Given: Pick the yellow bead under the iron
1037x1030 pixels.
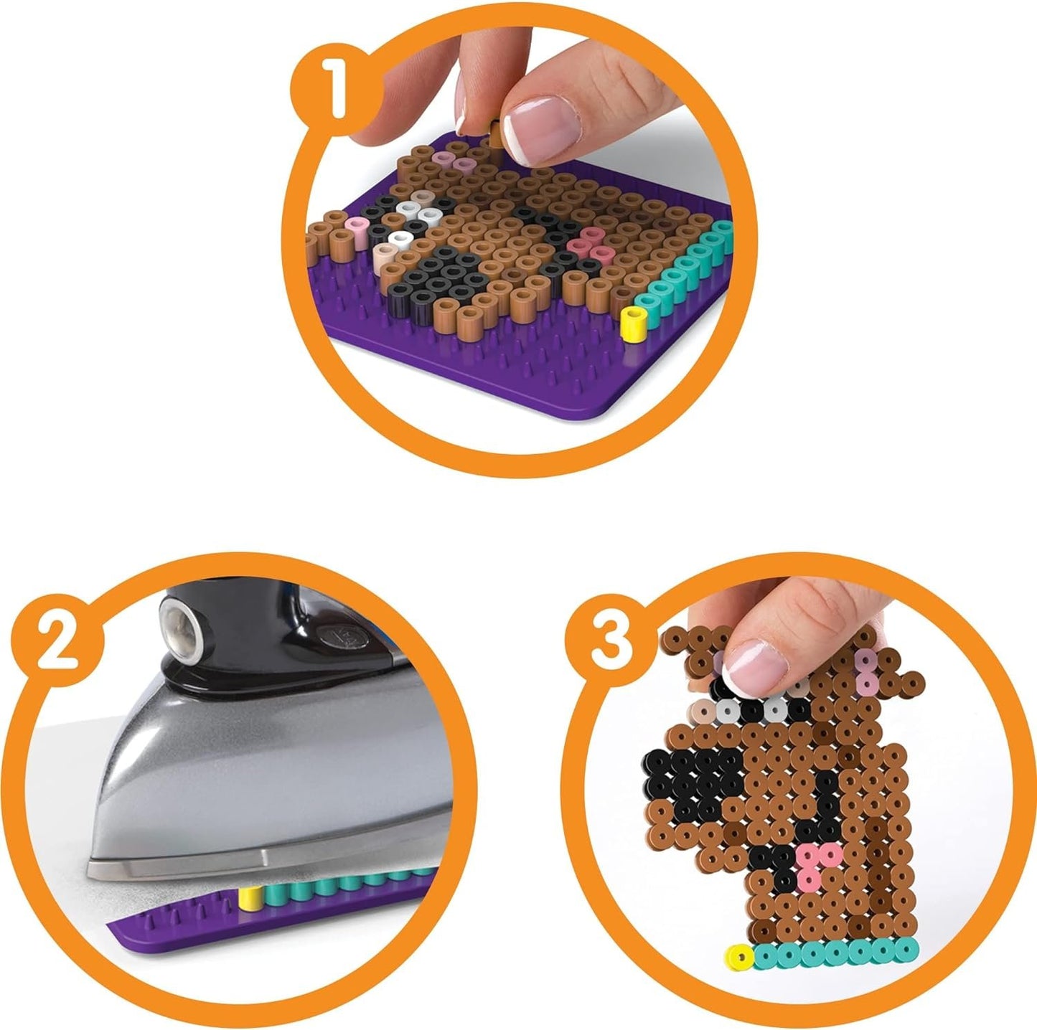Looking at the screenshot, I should (x=248, y=898).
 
